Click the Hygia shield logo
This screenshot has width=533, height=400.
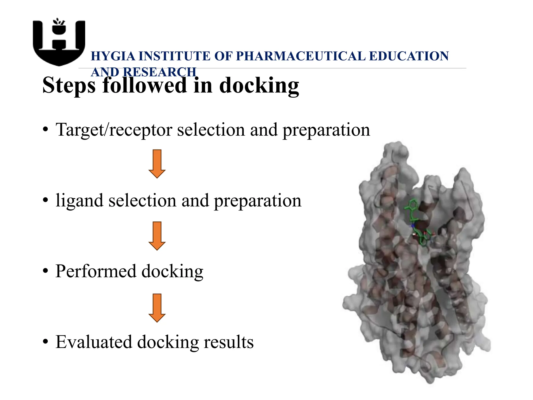59,43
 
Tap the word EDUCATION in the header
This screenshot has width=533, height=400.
409,56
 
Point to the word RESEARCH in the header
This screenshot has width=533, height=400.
160,72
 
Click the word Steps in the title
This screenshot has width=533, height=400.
69,85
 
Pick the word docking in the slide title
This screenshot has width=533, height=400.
259,85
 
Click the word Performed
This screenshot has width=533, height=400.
96,271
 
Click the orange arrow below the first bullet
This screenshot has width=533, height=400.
157,164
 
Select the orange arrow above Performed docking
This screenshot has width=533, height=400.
157,236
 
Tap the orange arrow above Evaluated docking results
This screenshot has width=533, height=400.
157,308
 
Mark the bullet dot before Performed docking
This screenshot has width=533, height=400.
46,271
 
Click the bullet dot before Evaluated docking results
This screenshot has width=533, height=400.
46,342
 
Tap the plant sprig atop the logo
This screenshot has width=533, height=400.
59,22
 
